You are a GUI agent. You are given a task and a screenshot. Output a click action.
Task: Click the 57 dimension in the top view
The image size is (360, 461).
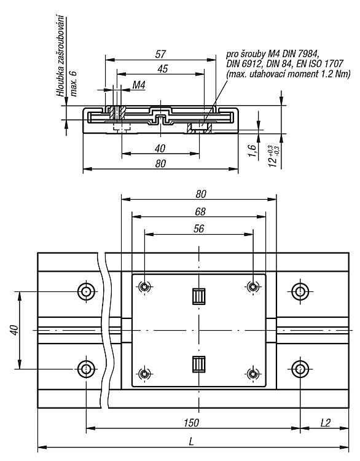(x=161, y=54)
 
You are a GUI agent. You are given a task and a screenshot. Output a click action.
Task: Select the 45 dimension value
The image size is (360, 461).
(x=163, y=68)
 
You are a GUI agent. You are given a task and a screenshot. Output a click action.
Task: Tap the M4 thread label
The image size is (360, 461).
(x=139, y=85)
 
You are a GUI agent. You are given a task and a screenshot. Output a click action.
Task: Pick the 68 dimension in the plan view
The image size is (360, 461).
(x=200, y=211)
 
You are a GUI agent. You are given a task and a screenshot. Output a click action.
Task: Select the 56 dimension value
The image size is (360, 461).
(x=198, y=229)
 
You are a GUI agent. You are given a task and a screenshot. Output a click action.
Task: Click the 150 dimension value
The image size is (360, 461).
(x=191, y=423)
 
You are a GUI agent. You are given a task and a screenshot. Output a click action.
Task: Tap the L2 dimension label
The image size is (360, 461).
(x=326, y=423)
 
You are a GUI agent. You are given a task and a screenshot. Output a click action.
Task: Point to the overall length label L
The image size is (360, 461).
(x=191, y=441)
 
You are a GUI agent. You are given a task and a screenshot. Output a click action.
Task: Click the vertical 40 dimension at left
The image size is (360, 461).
(x=14, y=330)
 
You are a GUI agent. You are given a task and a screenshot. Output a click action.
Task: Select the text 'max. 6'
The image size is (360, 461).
(x=74, y=84)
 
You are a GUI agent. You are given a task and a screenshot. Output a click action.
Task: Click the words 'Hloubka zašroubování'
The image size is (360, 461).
(x=61, y=55)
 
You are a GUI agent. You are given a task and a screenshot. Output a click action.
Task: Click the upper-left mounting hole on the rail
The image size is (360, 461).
(x=86, y=291)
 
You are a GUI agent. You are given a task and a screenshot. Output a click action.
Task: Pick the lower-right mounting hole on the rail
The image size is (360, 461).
(x=300, y=368)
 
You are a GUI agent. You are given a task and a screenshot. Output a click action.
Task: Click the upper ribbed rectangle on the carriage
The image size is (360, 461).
(x=199, y=296)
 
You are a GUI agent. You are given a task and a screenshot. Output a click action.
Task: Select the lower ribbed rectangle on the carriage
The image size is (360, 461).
(x=199, y=364)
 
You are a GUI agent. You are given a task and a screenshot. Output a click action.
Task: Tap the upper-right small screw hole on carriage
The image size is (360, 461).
(x=252, y=286)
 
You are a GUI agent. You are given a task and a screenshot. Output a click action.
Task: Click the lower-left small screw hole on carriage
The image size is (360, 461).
(x=144, y=374)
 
